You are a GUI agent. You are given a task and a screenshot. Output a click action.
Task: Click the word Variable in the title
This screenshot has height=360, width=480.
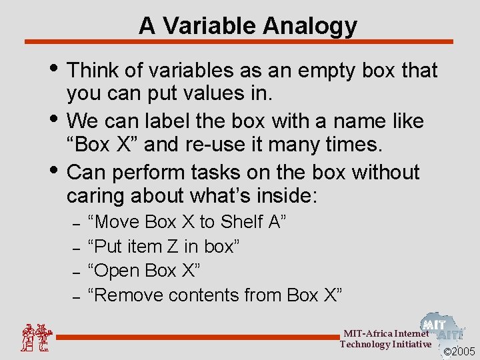point(210,26)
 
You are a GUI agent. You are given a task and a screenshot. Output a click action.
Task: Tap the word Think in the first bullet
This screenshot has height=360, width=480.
point(95,70)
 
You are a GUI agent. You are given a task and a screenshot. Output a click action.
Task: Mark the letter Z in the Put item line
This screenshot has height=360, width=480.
point(172,246)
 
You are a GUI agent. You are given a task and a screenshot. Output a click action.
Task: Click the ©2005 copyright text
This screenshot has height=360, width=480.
point(459,351)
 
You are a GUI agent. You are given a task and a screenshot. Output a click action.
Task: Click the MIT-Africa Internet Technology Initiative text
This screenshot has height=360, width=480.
point(385,339)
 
